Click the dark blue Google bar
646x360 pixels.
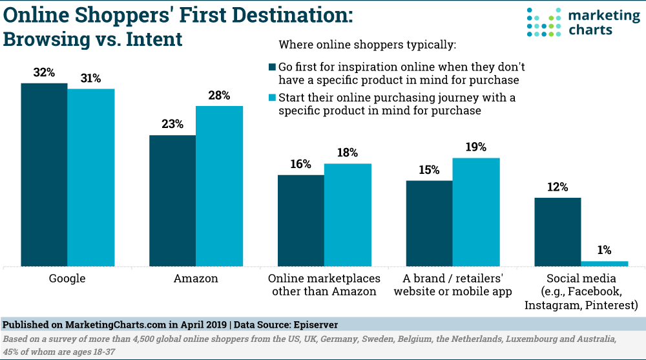[x=44, y=175]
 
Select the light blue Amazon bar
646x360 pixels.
[x=219, y=186]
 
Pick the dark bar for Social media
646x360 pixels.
[x=557, y=232]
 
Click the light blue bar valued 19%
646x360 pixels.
[x=476, y=212]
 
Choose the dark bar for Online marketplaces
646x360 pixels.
[x=301, y=220]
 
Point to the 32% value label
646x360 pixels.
[x=44, y=73]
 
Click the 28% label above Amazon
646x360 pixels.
[x=219, y=96]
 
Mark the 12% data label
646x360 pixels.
[x=557, y=187]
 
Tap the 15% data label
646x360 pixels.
[x=429, y=170]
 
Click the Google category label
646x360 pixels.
[x=67, y=279]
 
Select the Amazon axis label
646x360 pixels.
[x=196, y=279]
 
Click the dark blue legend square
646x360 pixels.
[x=272, y=67]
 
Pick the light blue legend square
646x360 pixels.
[x=272, y=98]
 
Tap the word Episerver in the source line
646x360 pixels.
[x=314, y=323]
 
